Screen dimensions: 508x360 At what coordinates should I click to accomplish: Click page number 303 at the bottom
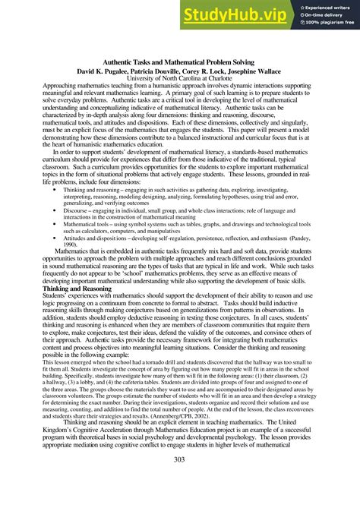pos(179,459)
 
